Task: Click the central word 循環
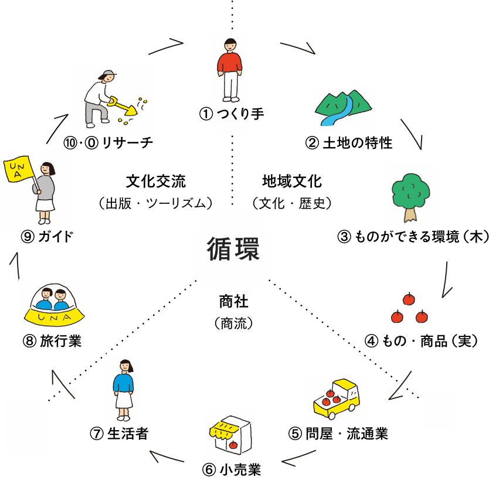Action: pos(232,248)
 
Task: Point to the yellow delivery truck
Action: pos(335,398)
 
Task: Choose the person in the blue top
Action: pos(124,387)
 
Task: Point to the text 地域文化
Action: pos(292,179)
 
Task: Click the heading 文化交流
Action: pos(155,179)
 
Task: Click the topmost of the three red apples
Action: pos(408,300)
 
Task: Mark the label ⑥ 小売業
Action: pos(231,469)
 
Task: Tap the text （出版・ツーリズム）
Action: pos(155,204)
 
